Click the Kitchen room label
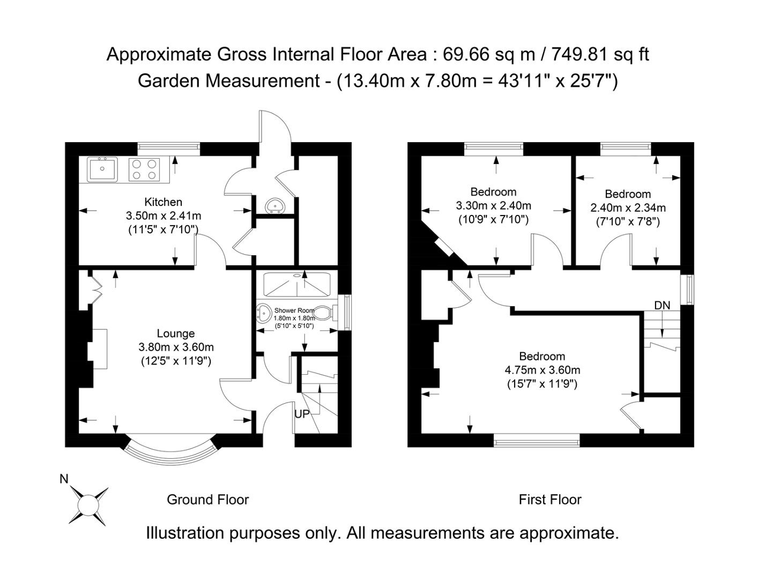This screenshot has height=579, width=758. (163, 202)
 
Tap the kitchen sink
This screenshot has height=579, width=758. (102, 169)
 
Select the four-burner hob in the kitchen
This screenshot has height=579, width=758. (144, 169)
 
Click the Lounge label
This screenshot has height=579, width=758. (176, 333)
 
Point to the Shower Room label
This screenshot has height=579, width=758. (294, 310)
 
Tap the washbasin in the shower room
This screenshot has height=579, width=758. (265, 313)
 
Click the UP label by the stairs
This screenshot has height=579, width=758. (302, 414)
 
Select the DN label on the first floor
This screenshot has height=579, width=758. (662, 305)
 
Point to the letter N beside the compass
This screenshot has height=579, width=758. (64, 479)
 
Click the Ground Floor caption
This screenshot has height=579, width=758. (207, 500)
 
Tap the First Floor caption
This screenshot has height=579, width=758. (550, 500)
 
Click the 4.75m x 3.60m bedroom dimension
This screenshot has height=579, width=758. (542, 370)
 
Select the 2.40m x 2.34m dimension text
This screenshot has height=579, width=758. (628, 207)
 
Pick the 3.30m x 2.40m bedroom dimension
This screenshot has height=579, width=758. (493, 205)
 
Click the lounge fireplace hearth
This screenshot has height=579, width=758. (100, 349)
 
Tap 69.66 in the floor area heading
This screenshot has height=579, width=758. (466, 54)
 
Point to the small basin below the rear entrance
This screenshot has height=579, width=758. (275, 206)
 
